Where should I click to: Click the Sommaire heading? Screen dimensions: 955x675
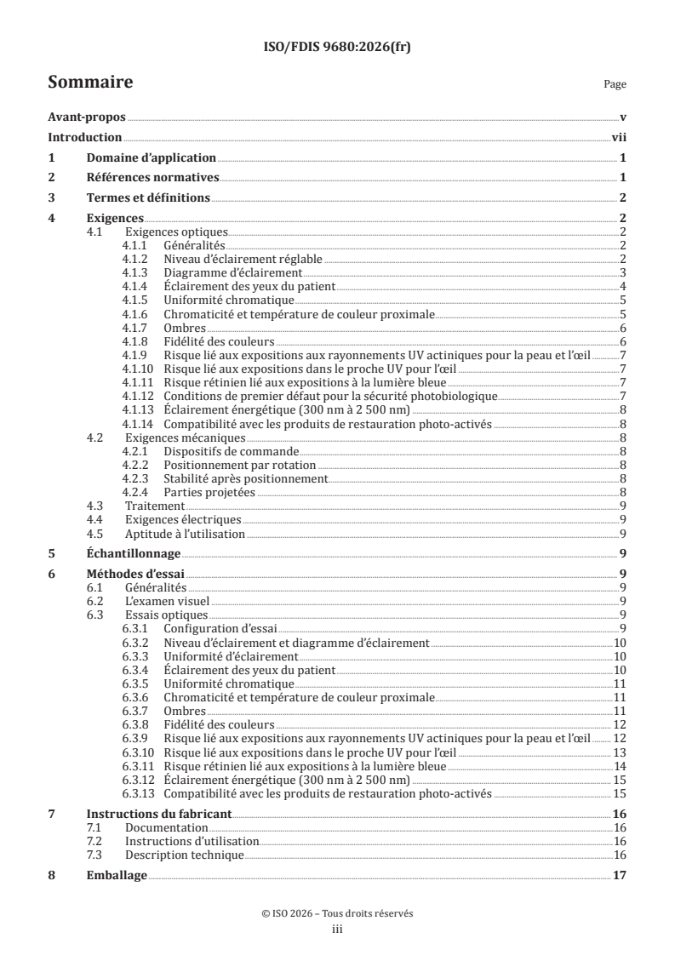click(89, 83)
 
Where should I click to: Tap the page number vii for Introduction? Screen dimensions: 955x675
click(619, 138)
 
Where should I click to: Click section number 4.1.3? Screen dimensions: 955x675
click(134, 272)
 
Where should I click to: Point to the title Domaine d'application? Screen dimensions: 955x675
click(152, 157)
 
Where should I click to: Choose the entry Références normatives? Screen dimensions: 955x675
click(153, 178)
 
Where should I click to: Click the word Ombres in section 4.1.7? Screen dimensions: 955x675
click(183, 328)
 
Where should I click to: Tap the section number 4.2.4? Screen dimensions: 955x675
click(134, 493)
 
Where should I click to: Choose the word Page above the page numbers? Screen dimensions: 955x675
click(615, 84)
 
